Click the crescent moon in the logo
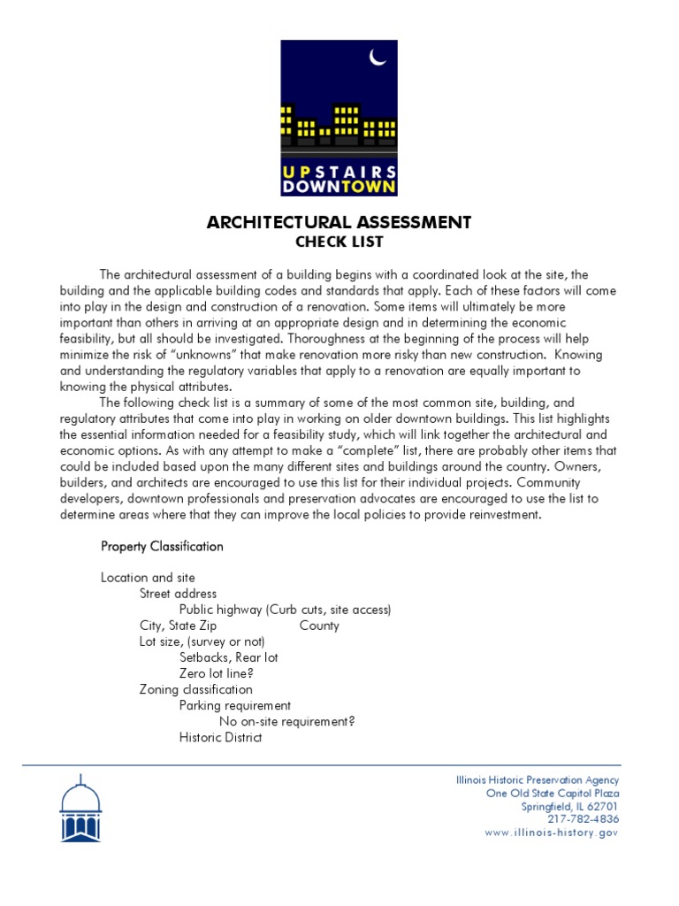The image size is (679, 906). click(378, 58)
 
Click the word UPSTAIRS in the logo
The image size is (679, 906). click(339, 171)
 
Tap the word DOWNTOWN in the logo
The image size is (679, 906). click(339, 187)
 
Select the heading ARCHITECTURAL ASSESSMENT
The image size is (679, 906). click(339, 222)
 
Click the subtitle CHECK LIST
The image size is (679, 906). click(339, 242)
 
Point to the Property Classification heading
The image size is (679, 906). click(162, 546)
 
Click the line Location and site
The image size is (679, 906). click(148, 578)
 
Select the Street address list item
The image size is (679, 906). click(178, 594)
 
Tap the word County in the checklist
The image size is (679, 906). click(319, 626)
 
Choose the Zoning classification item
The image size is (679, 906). click(195, 689)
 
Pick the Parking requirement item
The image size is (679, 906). click(235, 705)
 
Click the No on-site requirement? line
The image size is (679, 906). click(286, 721)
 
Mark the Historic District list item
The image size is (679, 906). click(220, 737)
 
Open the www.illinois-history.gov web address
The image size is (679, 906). click(552, 833)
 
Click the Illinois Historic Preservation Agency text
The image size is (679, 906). click(537, 779)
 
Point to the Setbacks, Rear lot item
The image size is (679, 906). click(229, 657)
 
